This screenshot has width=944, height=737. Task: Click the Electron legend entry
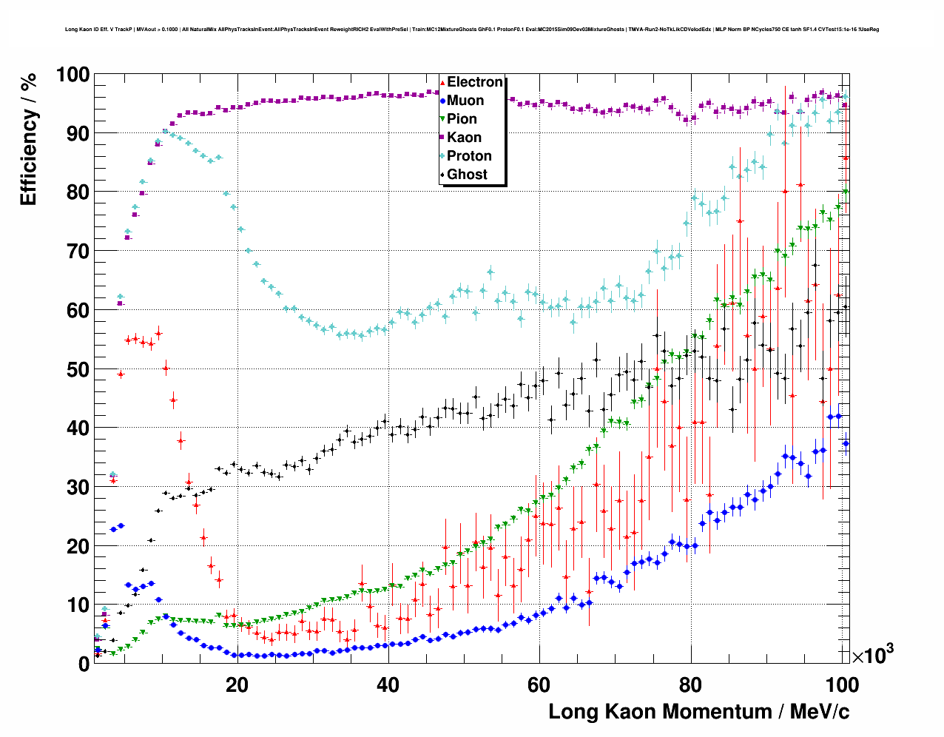click(x=474, y=82)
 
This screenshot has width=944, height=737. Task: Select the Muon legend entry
click(x=465, y=101)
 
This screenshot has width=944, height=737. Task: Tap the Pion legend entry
click(x=462, y=119)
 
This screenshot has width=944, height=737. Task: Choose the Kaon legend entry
click(x=464, y=138)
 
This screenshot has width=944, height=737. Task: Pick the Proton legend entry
click(x=469, y=156)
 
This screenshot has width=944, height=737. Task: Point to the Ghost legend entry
click(x=467, y=175)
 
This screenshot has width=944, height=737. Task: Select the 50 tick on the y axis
click(x=78, y=369)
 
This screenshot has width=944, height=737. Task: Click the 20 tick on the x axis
click(x=237, y=685)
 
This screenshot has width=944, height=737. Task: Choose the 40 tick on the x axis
click(x=388, y=685)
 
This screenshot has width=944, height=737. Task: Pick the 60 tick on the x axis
click(x=539, y=685)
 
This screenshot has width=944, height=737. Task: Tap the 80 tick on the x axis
click(x=690, y=685)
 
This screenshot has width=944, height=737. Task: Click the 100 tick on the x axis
click(x=841, y=685)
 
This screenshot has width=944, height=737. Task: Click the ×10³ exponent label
click(x=872, y=654)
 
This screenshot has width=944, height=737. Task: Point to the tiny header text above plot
click(x=472, y=30)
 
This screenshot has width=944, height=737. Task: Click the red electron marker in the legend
click(x=442, y=83)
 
